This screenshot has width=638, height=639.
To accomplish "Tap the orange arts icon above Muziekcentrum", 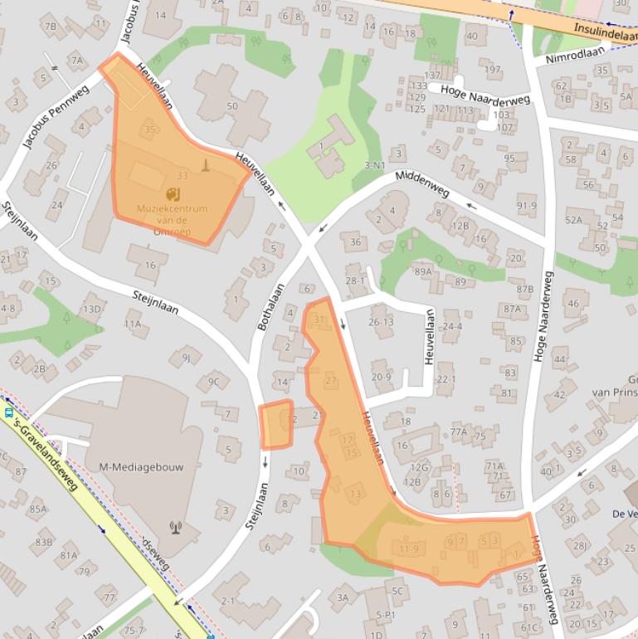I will click(x=173, y=194).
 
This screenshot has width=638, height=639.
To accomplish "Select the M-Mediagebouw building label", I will click(x=141, y=466).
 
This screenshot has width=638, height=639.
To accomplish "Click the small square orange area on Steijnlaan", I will click(x=276, y=424).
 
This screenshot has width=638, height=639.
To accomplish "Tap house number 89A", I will click(x=424, y=271).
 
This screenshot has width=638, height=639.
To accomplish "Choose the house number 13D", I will click(x=90, y=310).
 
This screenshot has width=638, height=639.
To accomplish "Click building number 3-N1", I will click(x=376, y=166).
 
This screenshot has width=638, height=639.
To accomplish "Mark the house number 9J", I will click(x=187, y=358).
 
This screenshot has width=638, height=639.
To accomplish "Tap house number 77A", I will click(x=459, y=432).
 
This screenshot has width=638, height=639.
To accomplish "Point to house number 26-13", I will click(x=381, y=322).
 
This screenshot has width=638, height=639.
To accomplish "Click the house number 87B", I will click(x=524, y=289).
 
